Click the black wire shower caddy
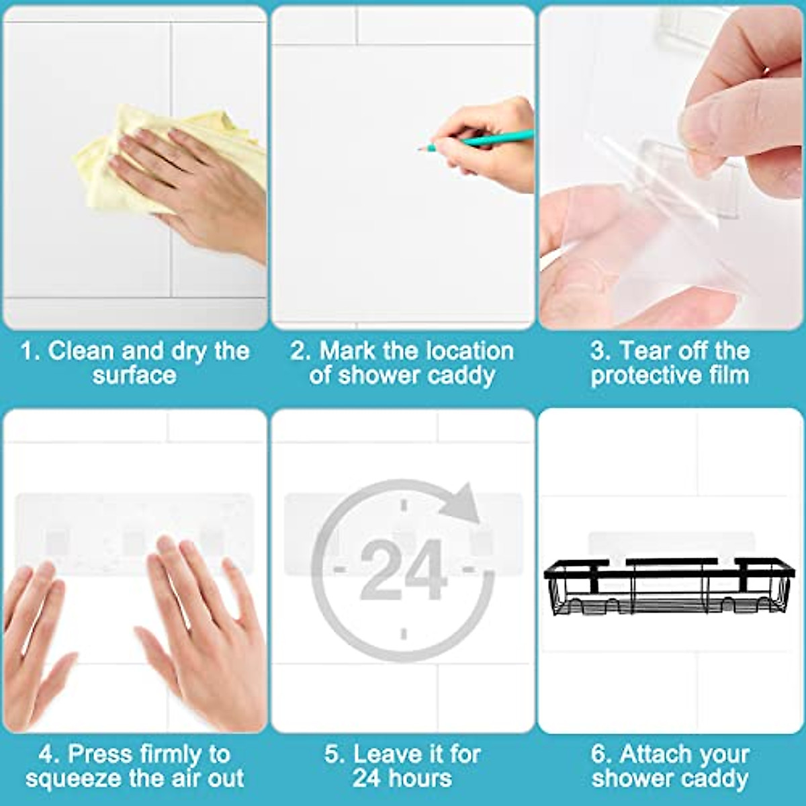[x=668, y=584]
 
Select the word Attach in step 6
[x=662, y=754]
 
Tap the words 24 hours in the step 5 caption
[x=402, y=778]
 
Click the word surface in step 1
[x=134, y=375]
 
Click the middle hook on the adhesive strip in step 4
[x=134, y=541]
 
